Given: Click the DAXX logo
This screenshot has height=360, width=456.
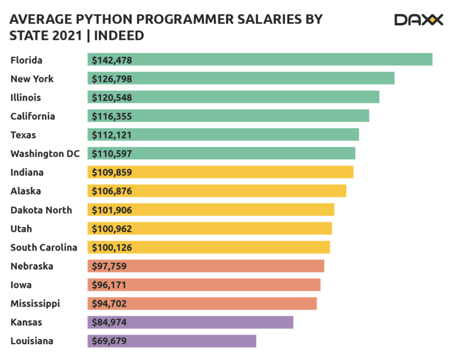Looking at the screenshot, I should pyautogui.click(x=418, y=19).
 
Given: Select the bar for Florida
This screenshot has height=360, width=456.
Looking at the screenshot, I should pyautogui.click(x=260, y=60).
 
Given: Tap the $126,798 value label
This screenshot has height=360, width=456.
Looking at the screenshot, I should pyautogui.click(x=112, y=79).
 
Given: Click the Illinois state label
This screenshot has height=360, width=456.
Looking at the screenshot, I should pyautogui.click(x=26, y=98).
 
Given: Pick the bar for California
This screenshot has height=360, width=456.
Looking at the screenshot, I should pyautogui.click(x=228, y=116).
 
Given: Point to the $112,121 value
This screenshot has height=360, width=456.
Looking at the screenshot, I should pyautogui.click(x=112, y=135).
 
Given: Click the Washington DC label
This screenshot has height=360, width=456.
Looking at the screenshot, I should pyautogui.click(x=45, y=154).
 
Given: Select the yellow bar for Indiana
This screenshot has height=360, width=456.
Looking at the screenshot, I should pyautogui.click(x=220, y=172).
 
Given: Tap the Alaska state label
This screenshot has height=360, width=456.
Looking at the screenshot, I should pyautogui.click(x=26, y=191).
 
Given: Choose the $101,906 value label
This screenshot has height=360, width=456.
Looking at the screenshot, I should pyautogui.click(x=112, y=210).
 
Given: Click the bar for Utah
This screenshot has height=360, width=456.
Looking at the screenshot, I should pyautogui.click(x=209, y=229).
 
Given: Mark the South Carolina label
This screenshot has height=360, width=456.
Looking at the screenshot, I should pyautogui.click(x=44, y=247).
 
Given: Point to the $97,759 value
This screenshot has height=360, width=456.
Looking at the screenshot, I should pyautogui.click(x=109, y=266).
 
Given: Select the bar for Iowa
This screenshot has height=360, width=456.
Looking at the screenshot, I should pyautogui.click(x=204, y=285).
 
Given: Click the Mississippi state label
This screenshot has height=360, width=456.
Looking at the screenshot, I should pyautogui.click(x=35, y=303).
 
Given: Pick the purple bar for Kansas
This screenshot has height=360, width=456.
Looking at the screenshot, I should pyautogui.click(x=190, y=322).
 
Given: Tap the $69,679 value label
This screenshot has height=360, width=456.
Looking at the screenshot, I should pyautogui.click(x=109, y=341).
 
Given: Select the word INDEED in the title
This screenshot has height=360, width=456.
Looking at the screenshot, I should pyautogui.click(x=119, y=36).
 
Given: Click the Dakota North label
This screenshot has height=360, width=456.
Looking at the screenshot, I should pyautogui.click(x=41, y=210).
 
